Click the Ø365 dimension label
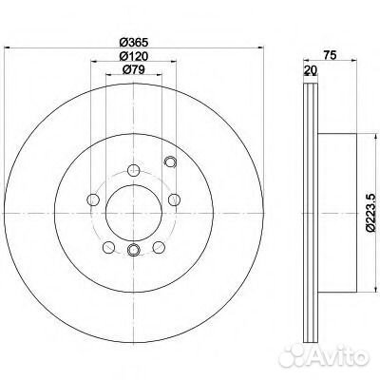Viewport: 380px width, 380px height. (x=134, y=42)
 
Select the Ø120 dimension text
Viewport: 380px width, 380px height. (x=134, y=56)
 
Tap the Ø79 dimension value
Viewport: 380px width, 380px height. (x=134, y=69)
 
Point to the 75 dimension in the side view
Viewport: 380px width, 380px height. (x=330, y=55)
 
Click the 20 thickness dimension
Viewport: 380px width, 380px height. (x=311, y=70)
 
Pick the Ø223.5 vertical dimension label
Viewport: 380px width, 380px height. (x=370, y=214)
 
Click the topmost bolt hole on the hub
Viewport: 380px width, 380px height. (x=134, y=170)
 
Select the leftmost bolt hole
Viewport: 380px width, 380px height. (x=93, y=199)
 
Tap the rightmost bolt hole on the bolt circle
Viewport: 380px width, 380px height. (x=174, y=199)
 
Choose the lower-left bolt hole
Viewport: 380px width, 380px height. (x=108, y=247)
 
